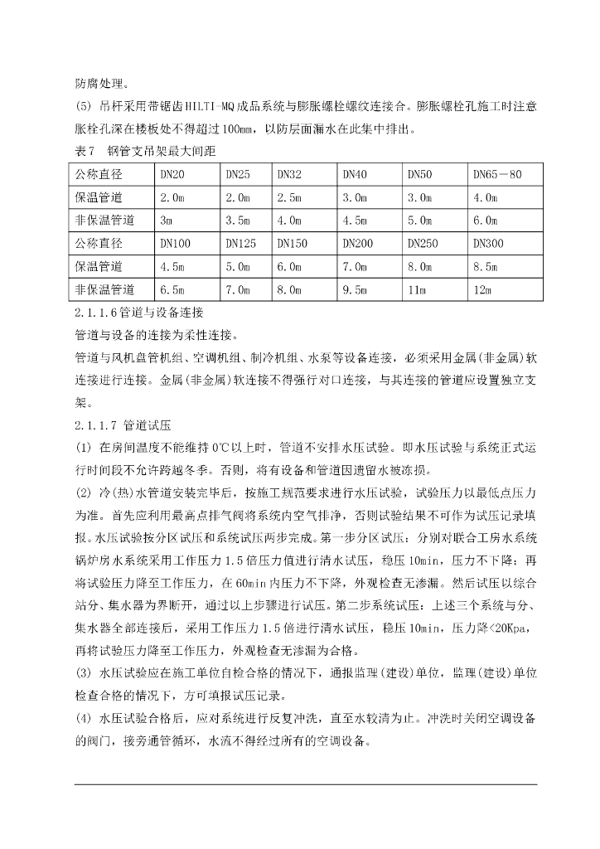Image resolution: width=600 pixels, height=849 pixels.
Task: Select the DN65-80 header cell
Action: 497,175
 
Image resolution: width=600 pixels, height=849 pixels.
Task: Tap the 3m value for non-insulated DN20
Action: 166,221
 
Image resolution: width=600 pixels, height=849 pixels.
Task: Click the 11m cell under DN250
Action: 416,290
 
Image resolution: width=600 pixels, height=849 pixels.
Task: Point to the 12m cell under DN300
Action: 482,290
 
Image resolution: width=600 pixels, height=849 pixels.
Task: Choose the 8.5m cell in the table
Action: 486,267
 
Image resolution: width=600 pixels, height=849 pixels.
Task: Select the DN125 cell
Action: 240,244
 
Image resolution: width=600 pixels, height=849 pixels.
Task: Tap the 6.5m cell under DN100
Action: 172,290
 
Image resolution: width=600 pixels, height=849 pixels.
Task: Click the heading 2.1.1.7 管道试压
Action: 122,426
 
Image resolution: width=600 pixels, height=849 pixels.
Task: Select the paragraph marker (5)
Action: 84,107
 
